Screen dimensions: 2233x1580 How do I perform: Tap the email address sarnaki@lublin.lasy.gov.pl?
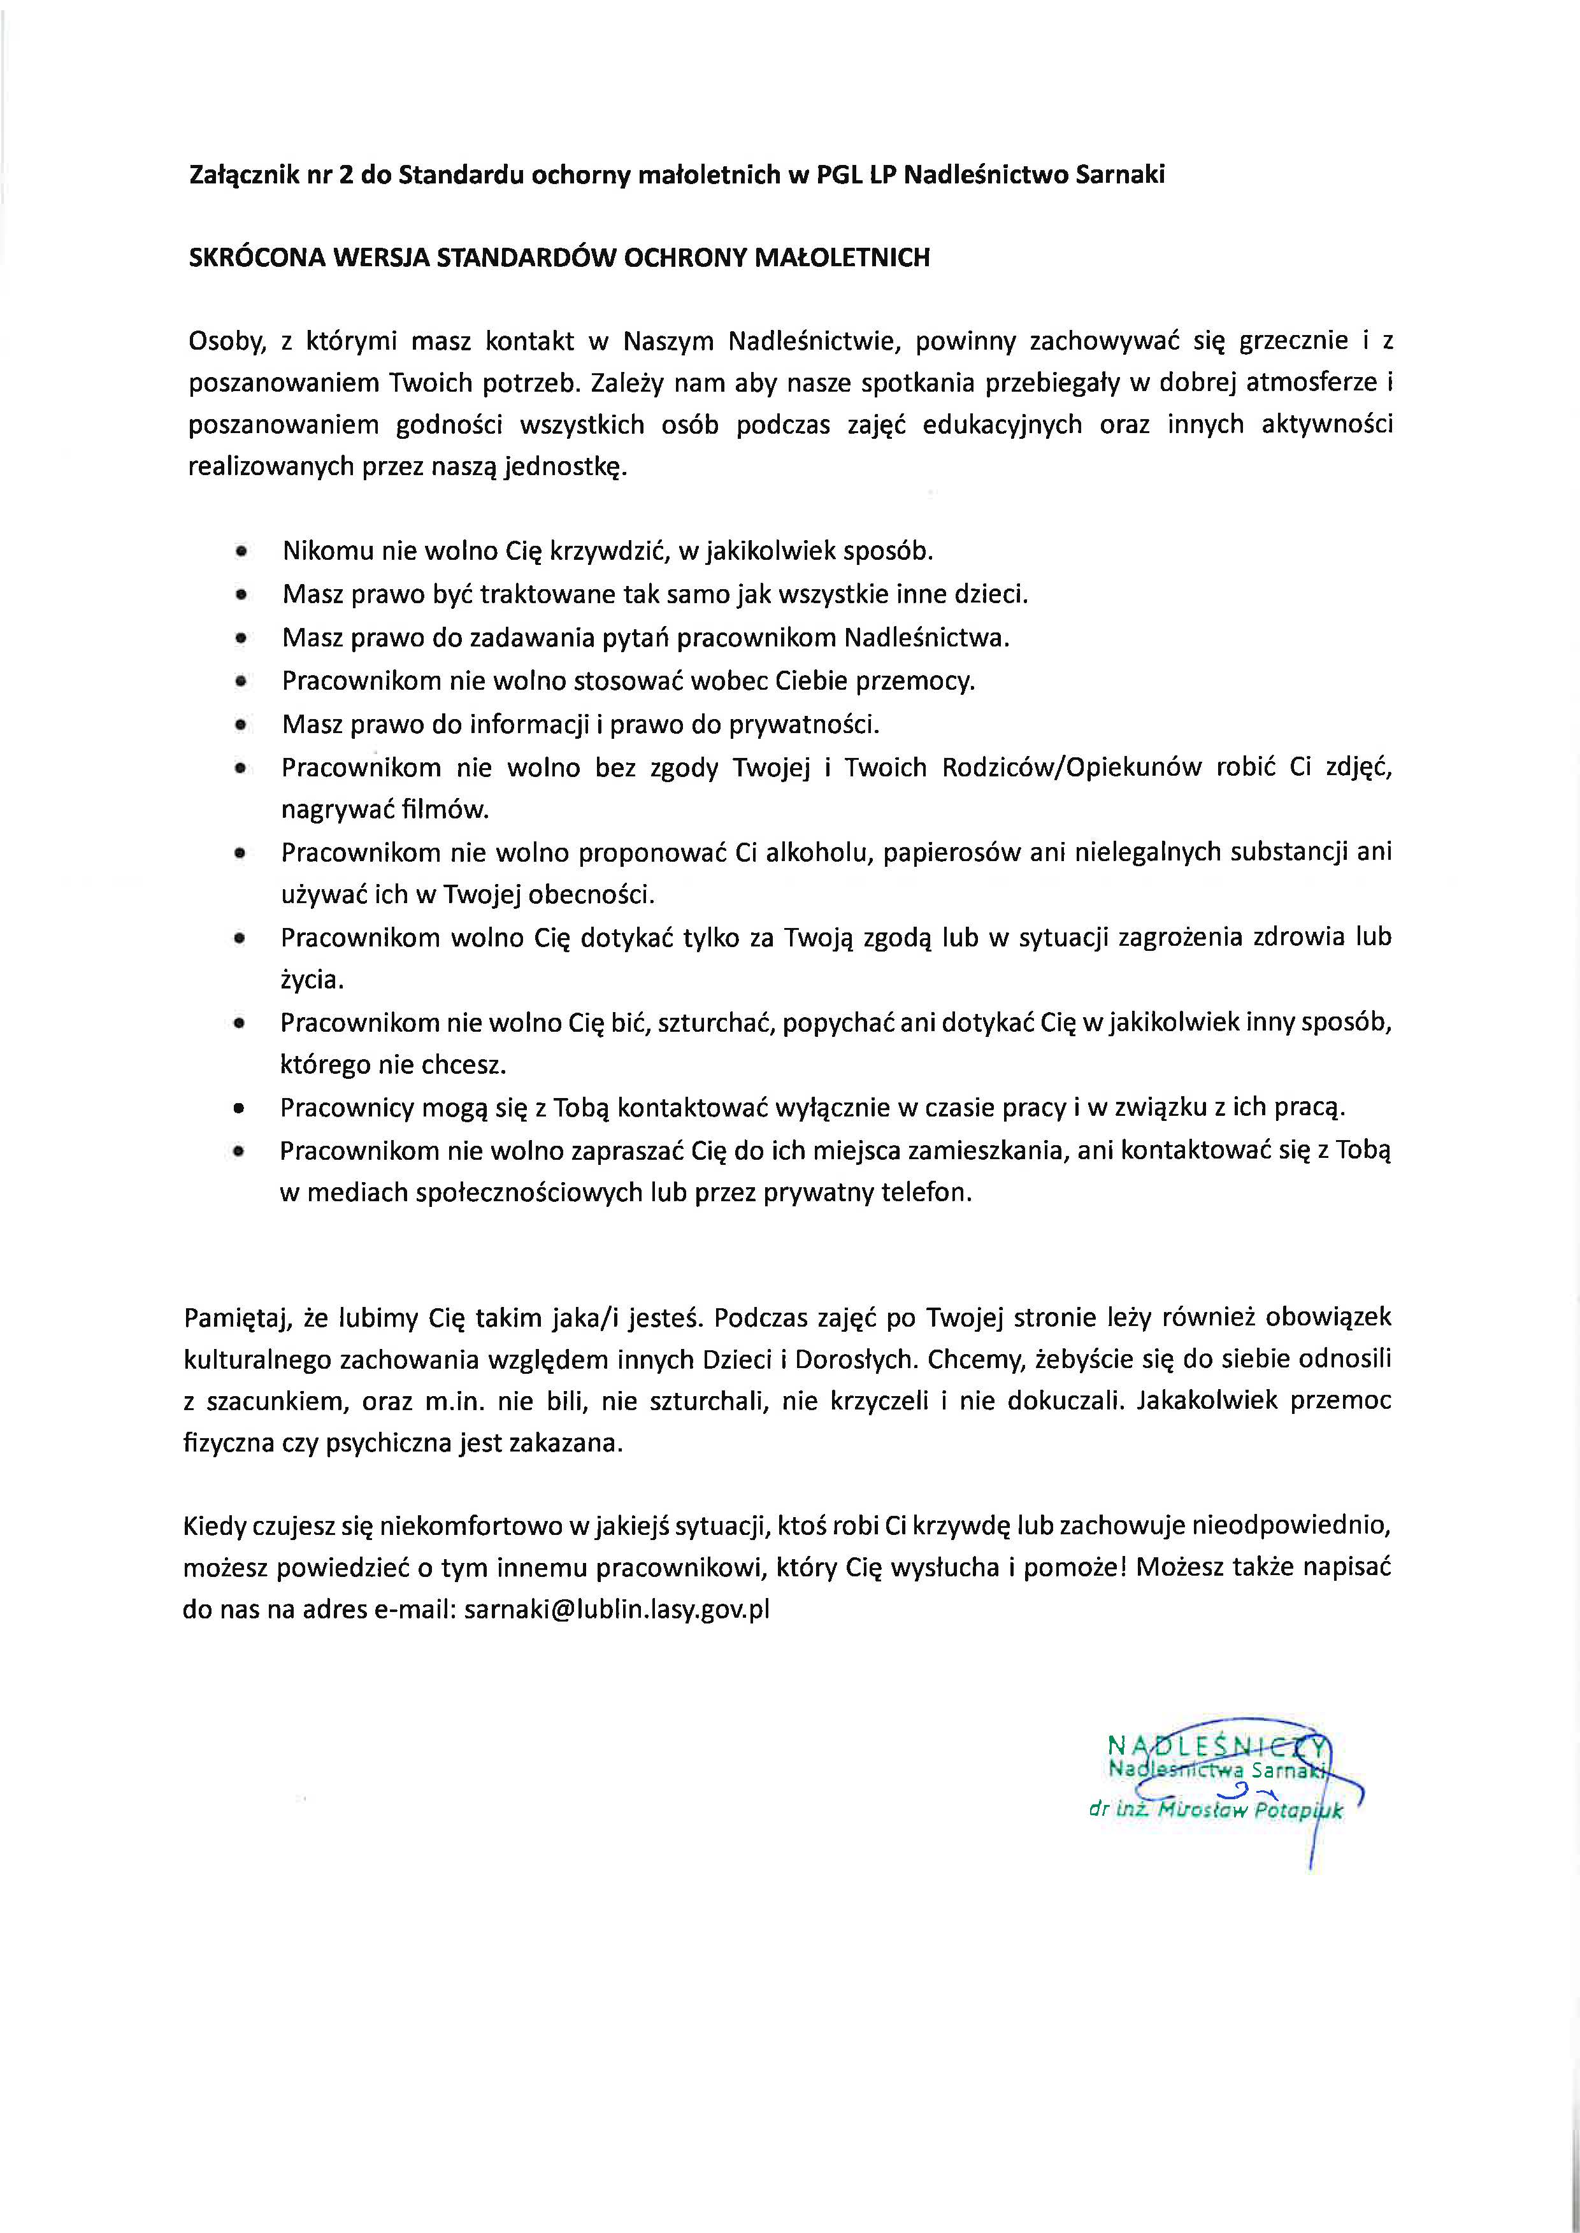coord(617,1609)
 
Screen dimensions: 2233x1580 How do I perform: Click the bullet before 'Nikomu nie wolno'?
coord(240,552)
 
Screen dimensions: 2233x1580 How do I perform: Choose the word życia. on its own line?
coord(312,980)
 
